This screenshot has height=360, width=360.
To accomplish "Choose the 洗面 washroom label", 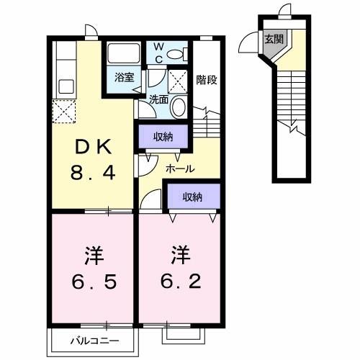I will pos(159,100).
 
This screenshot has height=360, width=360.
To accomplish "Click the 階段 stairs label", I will pos(206,80).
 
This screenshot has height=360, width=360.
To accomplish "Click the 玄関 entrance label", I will pos(272,40).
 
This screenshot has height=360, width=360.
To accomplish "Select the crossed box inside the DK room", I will pos(63,111).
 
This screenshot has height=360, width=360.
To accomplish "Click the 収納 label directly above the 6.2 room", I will pos(191,196).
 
